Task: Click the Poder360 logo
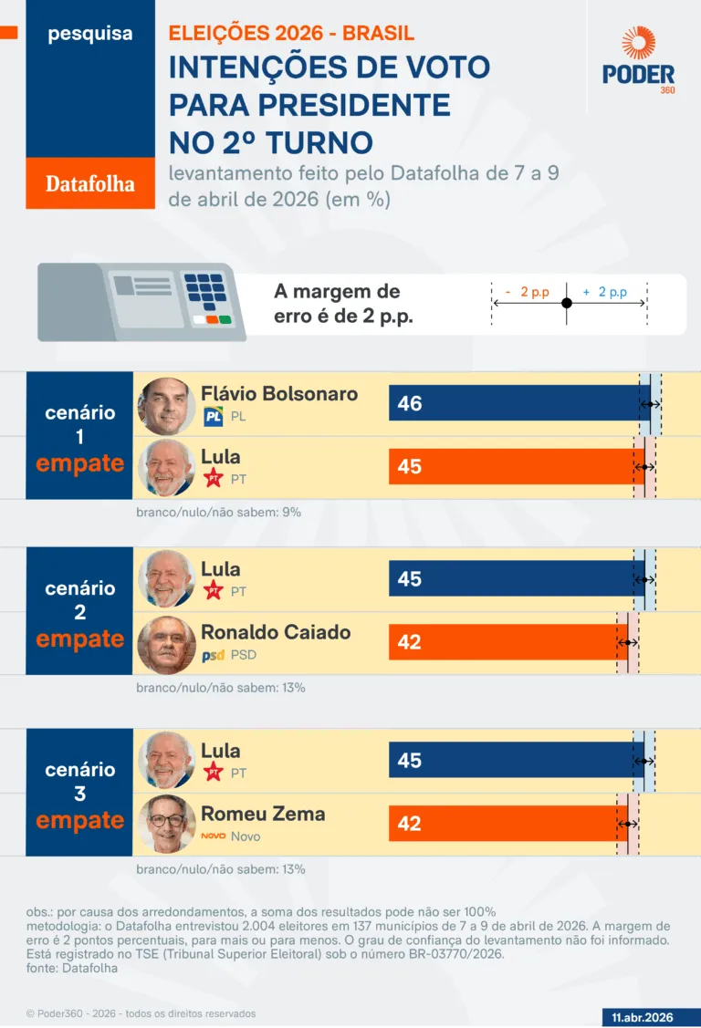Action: point(638,61)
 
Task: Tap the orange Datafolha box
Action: point(90,183)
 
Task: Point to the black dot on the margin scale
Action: point(567,303)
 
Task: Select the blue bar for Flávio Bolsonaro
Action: point(516,403)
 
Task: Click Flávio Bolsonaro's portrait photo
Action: point(166,405)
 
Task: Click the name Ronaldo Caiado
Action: point(276,631)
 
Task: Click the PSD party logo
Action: point(213,655)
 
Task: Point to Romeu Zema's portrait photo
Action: point(166,824)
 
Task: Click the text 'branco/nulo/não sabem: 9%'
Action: point(218,513)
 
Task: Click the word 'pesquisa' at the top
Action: point(90,34)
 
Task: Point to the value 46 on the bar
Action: point(410,403)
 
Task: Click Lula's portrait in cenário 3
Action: point(166,761)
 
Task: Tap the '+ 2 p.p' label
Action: point(605,292)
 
